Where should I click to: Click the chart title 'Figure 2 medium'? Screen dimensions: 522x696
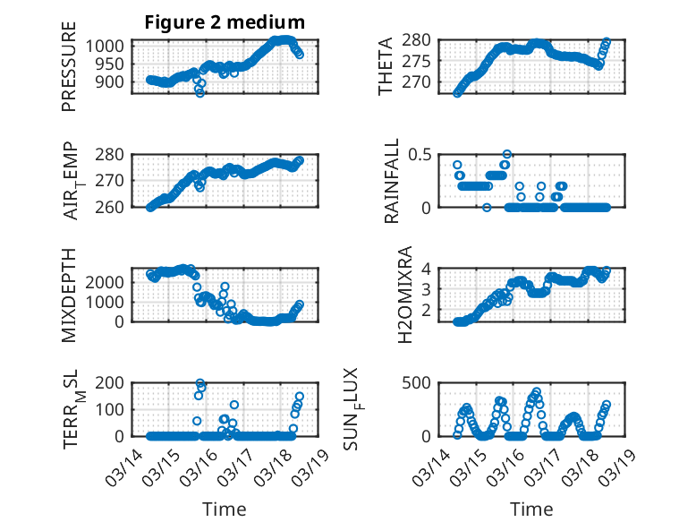pos(225,22)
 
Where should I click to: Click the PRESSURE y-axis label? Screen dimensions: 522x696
pos(69,73)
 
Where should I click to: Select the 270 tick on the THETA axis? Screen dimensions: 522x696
pos(420,82)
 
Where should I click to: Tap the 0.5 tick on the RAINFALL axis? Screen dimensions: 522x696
pos(420,154)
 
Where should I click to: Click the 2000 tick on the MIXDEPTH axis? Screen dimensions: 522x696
pos(106,281)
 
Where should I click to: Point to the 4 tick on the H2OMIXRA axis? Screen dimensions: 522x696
pos(428,269)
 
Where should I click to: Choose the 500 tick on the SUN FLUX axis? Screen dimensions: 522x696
pos(420,383)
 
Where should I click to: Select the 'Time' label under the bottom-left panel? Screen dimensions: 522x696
pos(225,509)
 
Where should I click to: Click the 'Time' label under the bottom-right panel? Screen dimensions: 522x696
pos(531,509)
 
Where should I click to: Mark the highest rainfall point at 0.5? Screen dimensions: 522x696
pos(507,154)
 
